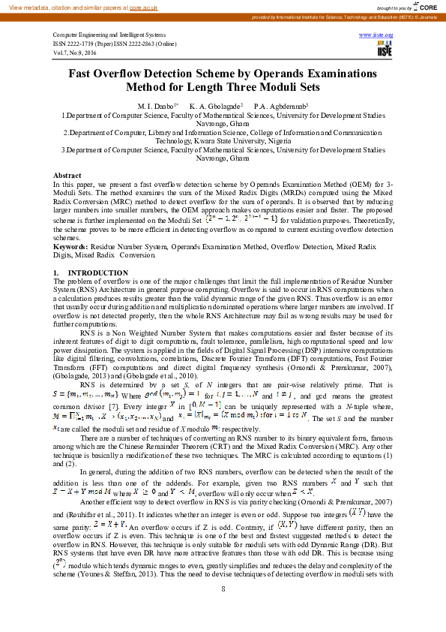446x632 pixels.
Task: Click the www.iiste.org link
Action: point(377,35)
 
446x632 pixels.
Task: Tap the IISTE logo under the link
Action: point(385,50)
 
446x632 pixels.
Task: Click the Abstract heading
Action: point(67,175)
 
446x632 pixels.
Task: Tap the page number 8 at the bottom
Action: point(223,588)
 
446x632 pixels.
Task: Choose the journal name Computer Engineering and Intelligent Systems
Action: point(109,35)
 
